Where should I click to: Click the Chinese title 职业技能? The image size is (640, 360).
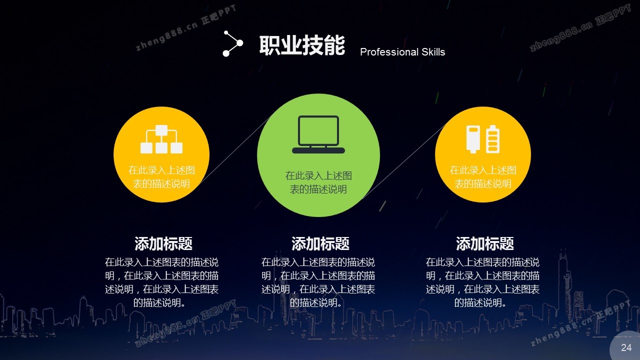(302, 45)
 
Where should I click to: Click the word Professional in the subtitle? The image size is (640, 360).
(389, 52)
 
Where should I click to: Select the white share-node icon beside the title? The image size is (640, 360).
(233, 43)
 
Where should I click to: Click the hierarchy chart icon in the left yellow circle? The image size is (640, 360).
(161, 139)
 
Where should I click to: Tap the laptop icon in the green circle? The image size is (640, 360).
(318, 134)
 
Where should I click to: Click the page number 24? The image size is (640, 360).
(626, 347)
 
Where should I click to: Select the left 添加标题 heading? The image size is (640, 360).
(163, 243)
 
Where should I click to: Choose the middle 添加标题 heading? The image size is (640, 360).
(320, 243)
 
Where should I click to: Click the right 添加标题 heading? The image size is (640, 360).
(485, 243)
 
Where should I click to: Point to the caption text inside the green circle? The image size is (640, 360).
(318, 182)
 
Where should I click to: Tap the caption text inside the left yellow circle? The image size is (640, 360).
(161, 177)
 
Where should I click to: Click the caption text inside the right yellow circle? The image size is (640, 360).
(483, 177)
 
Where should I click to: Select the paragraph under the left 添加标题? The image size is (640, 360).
(161, 282)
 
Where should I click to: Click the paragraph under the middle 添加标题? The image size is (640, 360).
(318, 282)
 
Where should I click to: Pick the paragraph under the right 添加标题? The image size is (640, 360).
(482, 282)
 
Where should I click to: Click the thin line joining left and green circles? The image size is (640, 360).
(235, 150)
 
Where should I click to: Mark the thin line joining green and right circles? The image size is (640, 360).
(404, 161)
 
